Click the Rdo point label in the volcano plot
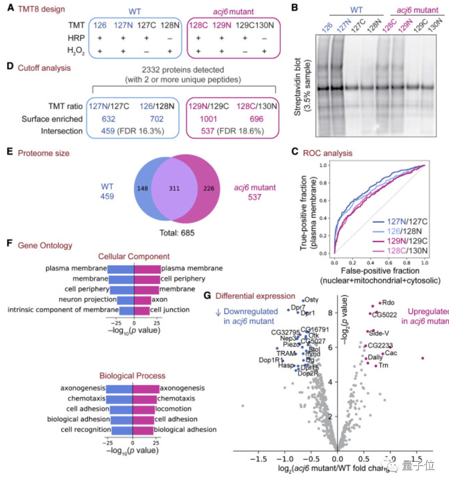point(388,303)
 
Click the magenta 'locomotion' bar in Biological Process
point(144,408)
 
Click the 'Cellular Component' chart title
point(134,256)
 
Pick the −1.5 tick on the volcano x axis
point(258,456)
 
